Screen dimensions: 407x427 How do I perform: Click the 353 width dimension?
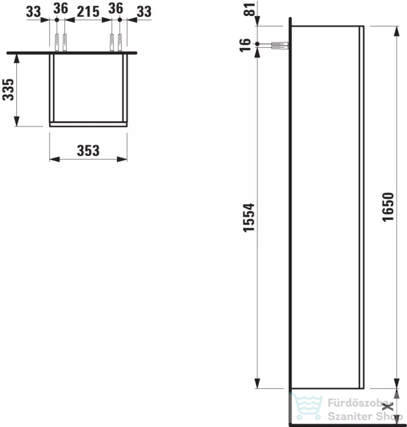88,151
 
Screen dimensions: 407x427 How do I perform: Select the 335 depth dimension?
8,90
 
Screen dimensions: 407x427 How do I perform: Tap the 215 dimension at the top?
88,12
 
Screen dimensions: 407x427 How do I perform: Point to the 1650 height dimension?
388,207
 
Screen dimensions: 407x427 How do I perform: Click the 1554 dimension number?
249,218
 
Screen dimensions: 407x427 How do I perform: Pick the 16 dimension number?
245,45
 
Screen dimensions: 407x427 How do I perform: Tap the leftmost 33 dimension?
33,12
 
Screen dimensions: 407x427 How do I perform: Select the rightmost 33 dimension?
144,12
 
